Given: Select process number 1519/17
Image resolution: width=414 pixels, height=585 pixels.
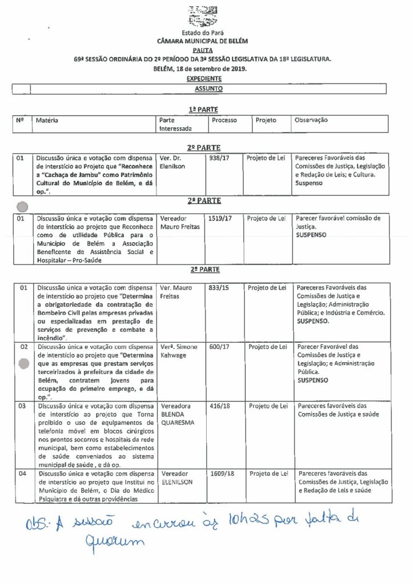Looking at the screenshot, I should click(221, 218).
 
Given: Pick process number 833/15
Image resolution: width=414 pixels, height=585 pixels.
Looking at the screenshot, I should click(219, 287).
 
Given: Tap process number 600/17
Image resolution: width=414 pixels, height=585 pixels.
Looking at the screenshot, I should click(219, 347).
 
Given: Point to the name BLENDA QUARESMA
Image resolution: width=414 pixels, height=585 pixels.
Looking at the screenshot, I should click(178, 419).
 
